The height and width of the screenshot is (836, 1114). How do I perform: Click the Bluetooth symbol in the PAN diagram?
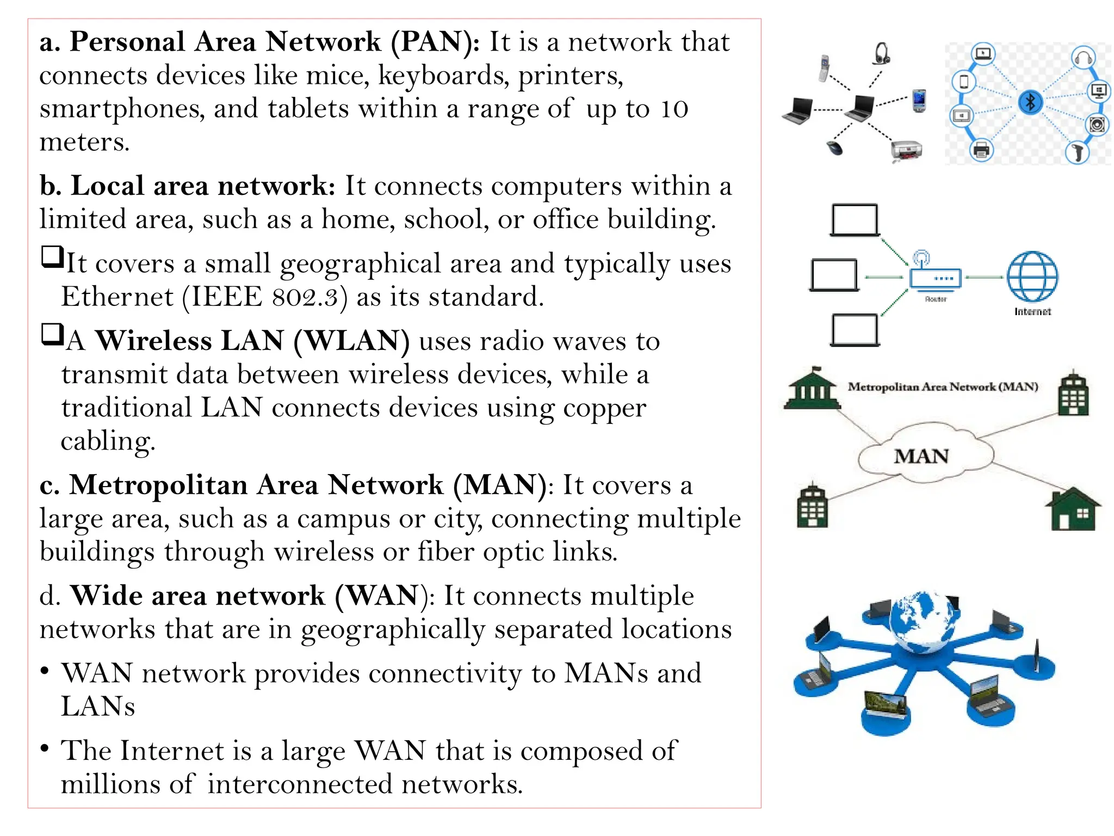click(x=1030, y=102)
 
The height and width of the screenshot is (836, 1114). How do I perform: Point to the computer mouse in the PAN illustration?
click(x=834, y=147)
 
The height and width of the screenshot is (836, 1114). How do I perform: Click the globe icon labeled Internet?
click(x=1032, y=276)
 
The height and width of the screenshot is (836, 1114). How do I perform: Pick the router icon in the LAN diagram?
click(x=935, y=275)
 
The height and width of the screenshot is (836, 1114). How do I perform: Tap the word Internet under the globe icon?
click(x=1032, y=312)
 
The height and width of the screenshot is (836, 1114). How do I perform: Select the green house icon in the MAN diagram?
click(x=1072, y=509)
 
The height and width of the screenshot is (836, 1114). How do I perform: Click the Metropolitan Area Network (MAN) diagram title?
click(x=943, y=387)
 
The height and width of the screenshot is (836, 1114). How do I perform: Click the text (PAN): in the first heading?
click(x=435, y=42)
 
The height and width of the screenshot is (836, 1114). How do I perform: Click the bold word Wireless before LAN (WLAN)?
click(x=153, y=341)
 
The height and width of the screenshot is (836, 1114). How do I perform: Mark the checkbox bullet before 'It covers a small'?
click(x=52, y=256)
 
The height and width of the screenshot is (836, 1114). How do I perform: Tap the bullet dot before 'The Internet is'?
click(x=45, y=748)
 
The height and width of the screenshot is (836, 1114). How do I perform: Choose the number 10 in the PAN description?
click(x=674, y=109)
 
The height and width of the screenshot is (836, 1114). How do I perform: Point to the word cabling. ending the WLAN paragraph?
click(x=108, y=441)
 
